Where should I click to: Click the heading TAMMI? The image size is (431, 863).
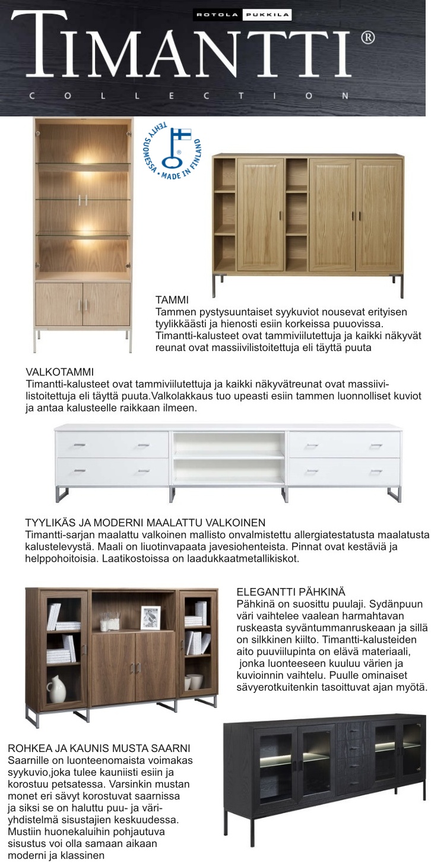(172, 302)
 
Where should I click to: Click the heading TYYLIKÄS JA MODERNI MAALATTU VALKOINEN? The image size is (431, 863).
(145, 523)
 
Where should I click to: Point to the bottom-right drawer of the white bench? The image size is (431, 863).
(344, 472)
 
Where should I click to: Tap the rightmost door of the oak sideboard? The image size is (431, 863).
(379, 214)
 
